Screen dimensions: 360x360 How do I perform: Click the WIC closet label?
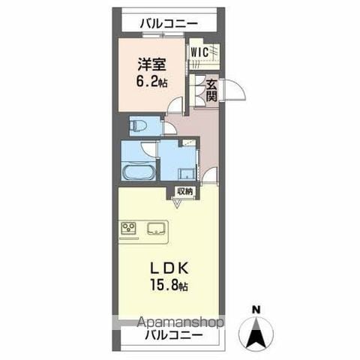[199, 52]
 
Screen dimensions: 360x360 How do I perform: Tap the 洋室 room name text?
[151, 64]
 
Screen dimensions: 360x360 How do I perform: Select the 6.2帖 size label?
[151, 81]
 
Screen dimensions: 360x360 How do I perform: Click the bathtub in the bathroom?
[139, 171]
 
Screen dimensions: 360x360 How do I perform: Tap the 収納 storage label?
[185, 191]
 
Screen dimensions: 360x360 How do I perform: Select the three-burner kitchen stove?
[128, 228]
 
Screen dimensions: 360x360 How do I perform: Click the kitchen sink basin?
[156, 229]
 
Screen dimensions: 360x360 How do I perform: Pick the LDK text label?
[169, 268]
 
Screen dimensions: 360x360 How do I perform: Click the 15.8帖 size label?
[169, 285]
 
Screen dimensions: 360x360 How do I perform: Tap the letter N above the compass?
[256, 310]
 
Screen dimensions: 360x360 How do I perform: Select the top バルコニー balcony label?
[169, 24]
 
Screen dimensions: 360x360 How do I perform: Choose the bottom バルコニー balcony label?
[174, 335]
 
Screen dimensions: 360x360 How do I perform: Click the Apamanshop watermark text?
[181, 322]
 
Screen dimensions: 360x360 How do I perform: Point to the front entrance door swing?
[235, 89]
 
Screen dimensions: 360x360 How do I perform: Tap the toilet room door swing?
[169, 127]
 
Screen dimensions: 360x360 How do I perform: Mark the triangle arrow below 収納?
[178, 203]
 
